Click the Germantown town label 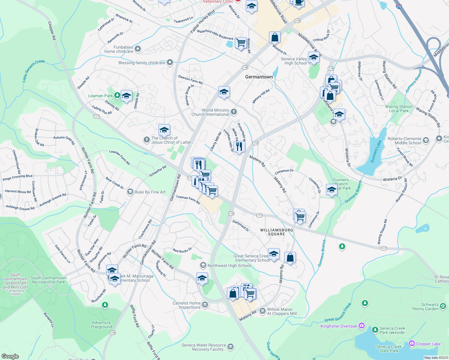259,77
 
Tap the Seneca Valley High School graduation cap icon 313,57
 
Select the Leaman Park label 100,96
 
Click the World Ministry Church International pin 234,112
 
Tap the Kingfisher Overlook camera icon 362,326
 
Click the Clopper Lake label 428,344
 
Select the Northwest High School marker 203,265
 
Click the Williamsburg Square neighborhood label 276,232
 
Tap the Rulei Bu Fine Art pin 130,192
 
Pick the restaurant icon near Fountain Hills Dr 239,146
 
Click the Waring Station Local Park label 399,109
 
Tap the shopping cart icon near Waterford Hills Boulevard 241,43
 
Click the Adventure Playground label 101,325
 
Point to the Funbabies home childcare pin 138,49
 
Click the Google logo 10,356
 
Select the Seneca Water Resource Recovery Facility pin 230,347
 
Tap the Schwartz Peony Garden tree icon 443,306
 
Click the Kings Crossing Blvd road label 17,177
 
